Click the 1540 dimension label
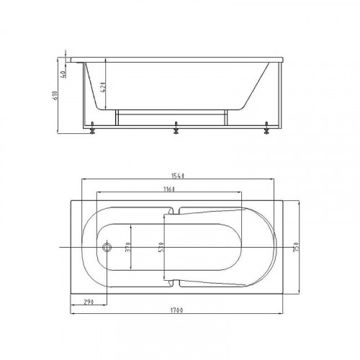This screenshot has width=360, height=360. coord(178,176)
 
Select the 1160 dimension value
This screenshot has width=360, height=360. coord(169,189)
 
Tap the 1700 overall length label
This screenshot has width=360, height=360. coord(177,310)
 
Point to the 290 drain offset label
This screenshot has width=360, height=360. coord(89,302)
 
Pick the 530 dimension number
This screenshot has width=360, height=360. coord(161,247)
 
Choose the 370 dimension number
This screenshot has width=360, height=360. coord(128,247)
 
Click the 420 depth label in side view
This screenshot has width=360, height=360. coord(102,87)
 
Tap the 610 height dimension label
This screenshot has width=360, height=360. coord(55,96)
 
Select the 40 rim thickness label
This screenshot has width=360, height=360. coord(64,74)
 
